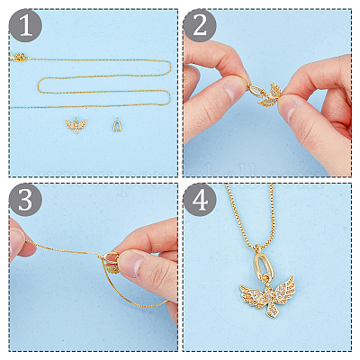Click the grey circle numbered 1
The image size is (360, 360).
[x=26, y=25]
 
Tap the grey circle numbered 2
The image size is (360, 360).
[x=200, y=25]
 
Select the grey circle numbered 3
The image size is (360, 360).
[x=26, y=200]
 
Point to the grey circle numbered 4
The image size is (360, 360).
[x=200, y=200]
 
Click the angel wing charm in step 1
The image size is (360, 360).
[x=76, y=125]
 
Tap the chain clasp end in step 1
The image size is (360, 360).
[x=20, y=57]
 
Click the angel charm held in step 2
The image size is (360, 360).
[x=270, y=94]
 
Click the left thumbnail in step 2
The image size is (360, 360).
[x=233, y=90]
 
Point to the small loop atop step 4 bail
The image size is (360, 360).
[x=257, y=247]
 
